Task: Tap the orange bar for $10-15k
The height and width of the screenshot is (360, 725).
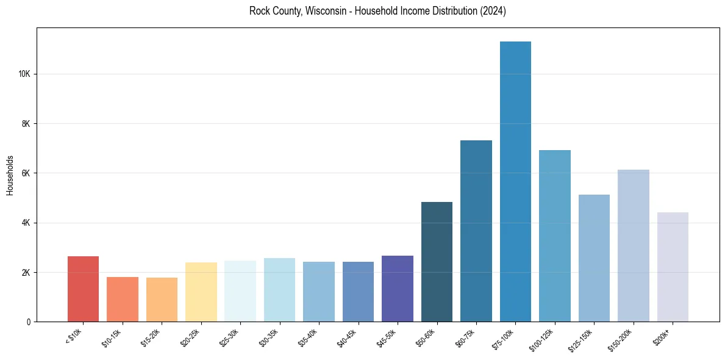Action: (x=123, y=299)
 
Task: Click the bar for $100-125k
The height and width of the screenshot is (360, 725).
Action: (x=555, y=236)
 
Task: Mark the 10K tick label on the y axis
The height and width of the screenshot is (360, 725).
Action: (x=24, y=74)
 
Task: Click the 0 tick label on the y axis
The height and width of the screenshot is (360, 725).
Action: (x=29, y=322)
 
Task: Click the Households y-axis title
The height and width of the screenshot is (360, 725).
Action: (x=10, y=175)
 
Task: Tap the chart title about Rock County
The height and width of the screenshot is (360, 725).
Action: (x=377, y=11)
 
